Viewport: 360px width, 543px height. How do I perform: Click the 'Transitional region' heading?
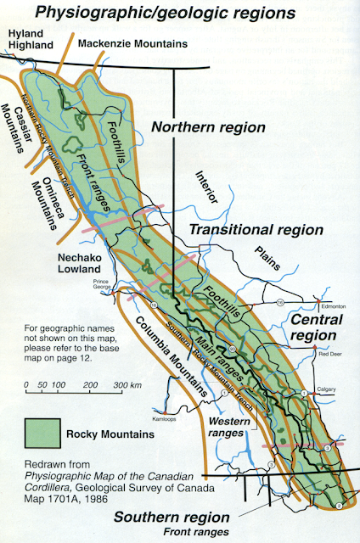pyautogui.click(x=256, y=230)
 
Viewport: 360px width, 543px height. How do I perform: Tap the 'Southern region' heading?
pyautogui.click(x=184, y=517)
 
